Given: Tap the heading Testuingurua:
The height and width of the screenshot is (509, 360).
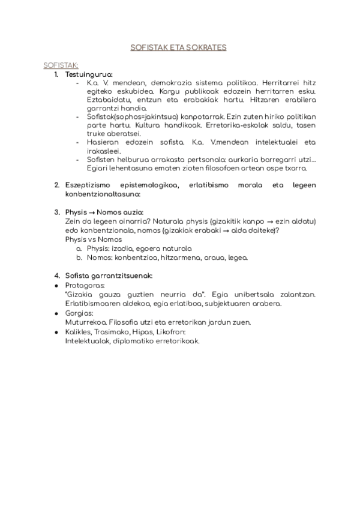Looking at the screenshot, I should click(88, 74).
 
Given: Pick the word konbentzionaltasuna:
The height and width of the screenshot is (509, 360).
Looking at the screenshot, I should click(103, 194).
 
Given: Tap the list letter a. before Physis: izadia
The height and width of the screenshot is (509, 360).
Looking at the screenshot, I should click(79, 248).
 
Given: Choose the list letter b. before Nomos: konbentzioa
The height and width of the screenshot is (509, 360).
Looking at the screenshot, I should click(79, 257).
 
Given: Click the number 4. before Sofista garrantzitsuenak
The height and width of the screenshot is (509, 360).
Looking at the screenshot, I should click(56, 275).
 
